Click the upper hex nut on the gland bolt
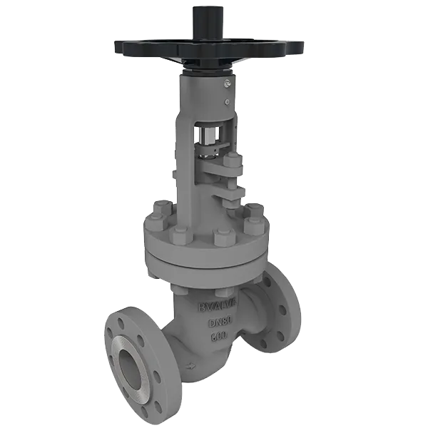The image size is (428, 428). point(233,169)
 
